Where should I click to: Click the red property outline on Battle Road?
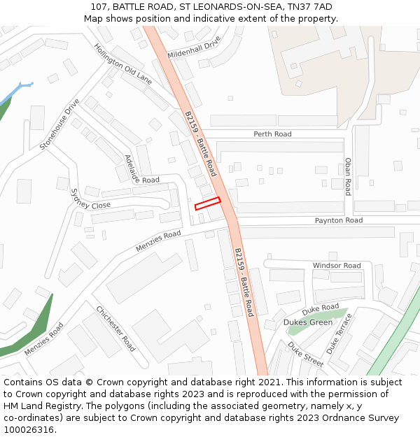(x=207, y=203)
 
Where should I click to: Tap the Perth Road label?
(x=272, y=134)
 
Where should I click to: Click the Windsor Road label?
(x=337, y=266)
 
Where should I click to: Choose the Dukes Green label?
(x=308, y=322)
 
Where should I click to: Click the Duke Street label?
(x=305, y=354)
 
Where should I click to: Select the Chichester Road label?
(x=116, y=328)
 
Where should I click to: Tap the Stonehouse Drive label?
(x=59, y=124)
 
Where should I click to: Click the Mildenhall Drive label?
(x=194, y=47)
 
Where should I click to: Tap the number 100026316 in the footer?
(x=29, y=430)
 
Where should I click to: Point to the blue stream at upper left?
(x=15, y=91)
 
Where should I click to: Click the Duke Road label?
(x=321, y=308)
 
